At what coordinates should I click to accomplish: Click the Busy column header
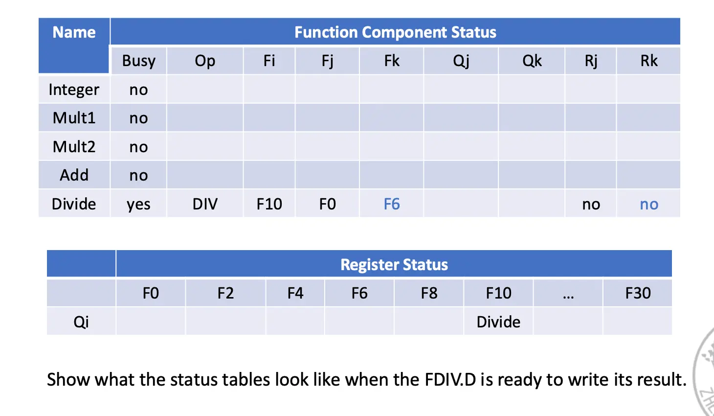(138, 61)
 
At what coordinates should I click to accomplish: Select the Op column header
(205, 61)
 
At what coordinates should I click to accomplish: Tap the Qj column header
(461, 61)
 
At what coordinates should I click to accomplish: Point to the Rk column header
(648, 61)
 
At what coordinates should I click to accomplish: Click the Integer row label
(74, 90)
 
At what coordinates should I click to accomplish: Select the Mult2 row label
(74, 146)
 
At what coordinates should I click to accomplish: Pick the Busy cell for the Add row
(138, 175)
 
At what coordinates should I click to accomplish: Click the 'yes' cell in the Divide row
(138, 204)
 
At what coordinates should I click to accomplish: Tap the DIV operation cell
(205, 204)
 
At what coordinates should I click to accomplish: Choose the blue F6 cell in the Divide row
(391, 204)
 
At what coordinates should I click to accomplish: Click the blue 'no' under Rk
(648, 204)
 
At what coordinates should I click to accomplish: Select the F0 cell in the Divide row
(327, 204)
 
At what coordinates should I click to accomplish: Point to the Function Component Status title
(395, 32)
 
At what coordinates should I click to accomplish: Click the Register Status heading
(394, 265)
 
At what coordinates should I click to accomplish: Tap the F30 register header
(638, 293)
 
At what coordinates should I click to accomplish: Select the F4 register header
(295, 293)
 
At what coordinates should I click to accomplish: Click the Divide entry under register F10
(498, 322)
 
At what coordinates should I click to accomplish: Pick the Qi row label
(81, 322)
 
